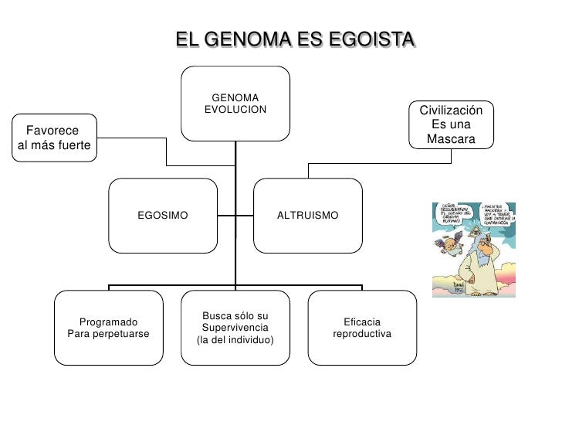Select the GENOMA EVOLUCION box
point(235,104)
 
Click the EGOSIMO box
point(162,215)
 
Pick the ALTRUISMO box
point(307,215)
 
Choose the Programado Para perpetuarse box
point(109,328)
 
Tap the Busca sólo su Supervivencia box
point(235,328)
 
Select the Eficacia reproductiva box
point(362,328)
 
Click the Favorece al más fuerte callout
point(53,138)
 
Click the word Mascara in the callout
point(451,139)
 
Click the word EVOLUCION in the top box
point(235,110)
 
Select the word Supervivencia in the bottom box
point(235,328)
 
